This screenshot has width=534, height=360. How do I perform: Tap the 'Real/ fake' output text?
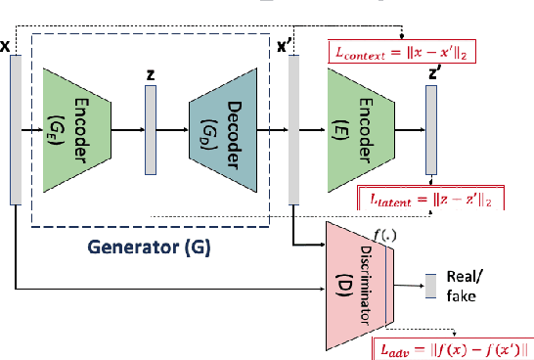pos(463,285)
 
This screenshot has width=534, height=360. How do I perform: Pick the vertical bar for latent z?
pos(150,128)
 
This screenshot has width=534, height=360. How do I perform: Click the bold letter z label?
pos(150,73)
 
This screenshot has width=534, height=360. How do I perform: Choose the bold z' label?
pos(432,73)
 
